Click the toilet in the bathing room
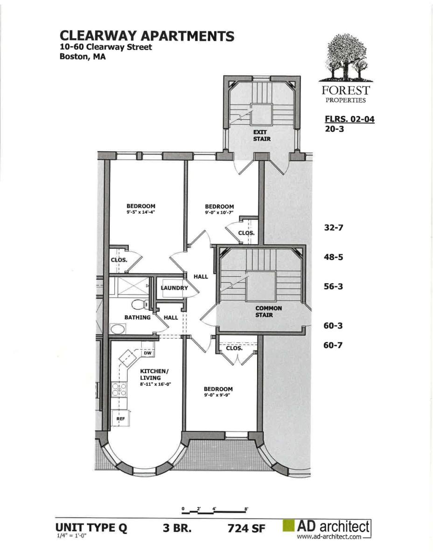tap(140, 305)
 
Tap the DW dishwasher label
tap(147, 353)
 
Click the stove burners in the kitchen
tap(119, 390)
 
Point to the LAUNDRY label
tap(175, 288)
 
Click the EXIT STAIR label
tap(262, 136)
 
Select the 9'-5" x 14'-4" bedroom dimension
tap(140, 212)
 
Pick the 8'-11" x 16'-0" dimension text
tap(156, 384)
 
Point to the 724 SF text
tap(246, 529)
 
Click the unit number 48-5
tap(333, 257)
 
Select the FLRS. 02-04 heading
tap(349, 119)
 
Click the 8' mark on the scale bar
tap(246, 509)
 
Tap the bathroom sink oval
tap(118, 328)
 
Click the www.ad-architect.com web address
tap(329, 537)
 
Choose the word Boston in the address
tap(74, 56)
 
